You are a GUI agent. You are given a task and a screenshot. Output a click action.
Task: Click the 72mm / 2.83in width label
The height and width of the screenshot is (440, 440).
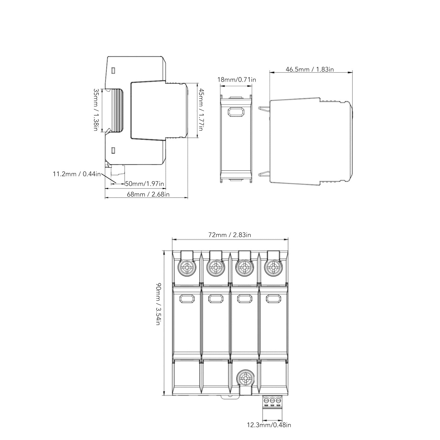[229, 235]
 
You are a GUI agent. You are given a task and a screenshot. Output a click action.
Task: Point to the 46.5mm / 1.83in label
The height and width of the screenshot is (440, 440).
[310, 69]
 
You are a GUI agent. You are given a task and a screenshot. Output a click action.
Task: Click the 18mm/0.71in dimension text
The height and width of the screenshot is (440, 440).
[237, 80]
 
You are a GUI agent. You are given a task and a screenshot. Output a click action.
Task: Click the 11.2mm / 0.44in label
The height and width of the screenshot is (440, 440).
[77, 174]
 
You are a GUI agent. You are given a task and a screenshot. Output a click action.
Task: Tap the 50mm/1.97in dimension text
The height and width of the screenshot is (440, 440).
[145, 184]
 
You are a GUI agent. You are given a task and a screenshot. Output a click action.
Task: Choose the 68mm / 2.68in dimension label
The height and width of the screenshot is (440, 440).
[148, 194]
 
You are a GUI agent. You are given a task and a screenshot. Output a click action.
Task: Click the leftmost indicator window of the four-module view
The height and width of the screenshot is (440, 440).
[187, 298]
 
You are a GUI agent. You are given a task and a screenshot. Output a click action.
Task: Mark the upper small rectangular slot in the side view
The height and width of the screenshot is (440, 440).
[113, 71]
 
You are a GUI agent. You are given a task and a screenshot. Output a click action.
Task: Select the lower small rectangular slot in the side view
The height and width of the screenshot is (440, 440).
[113, 150]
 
